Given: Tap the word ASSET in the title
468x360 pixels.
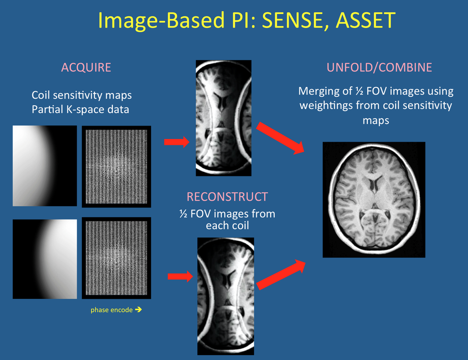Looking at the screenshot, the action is (x=365, y=20).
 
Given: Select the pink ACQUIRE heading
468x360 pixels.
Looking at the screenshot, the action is (x=86, y=67).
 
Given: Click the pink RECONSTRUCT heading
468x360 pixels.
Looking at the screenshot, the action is (x=227, y=197).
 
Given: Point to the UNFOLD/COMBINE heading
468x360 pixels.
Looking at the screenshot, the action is (x=379, y=67).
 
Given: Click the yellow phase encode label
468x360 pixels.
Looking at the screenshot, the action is (x=111, y=310).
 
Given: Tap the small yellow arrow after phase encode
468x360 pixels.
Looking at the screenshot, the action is (x=138, y=310).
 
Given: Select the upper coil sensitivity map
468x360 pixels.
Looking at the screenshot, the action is (x=45, y=166).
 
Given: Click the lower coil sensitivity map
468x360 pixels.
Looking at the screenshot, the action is (x=45, y=259).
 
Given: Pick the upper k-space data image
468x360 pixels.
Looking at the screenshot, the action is (x=116, y=166).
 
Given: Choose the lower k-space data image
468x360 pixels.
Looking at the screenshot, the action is (x=116, y=258).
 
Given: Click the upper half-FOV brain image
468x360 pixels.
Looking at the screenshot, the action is (x=223, y=118).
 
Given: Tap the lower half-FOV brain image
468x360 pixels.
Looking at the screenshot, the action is (x=226, y=297).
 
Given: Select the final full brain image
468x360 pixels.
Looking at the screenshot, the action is (x=374, y=199).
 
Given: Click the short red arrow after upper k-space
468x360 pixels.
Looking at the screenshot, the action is (x=177, y=142).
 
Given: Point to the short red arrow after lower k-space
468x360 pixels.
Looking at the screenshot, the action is (x=180, y=276).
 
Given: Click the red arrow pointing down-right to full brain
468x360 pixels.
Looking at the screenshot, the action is (x=280, y=138).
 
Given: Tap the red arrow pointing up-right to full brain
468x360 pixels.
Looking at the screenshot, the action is (x=281, y=274).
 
